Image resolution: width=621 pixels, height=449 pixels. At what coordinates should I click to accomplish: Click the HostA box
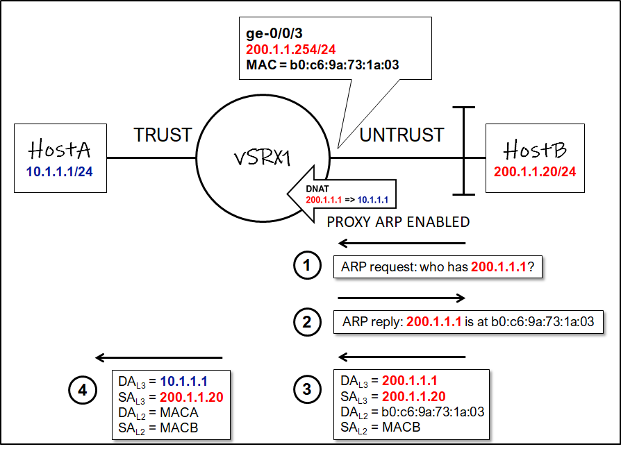60,158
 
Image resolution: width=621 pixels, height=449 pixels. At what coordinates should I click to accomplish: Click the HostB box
535,158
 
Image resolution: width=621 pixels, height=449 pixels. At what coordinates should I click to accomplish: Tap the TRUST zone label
163,135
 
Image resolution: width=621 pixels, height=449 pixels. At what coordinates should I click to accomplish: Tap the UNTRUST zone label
401,135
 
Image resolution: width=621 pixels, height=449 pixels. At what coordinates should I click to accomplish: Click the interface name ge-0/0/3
274,33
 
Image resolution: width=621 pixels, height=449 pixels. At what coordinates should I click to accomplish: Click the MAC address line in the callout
322,65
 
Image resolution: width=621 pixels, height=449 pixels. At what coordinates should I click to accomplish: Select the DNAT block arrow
340,194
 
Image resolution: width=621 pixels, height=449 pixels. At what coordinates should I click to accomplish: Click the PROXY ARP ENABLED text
398,222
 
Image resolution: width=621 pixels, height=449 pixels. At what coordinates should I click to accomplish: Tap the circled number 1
306,266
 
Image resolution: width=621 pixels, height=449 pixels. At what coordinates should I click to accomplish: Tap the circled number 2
306,322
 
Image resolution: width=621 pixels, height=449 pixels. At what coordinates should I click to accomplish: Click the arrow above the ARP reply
401,298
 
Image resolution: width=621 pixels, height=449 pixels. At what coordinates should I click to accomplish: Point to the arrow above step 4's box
158,358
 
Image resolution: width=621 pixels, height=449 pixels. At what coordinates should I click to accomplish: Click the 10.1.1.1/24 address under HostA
60,171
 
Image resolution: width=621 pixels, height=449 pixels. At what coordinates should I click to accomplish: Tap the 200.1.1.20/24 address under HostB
535,171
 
